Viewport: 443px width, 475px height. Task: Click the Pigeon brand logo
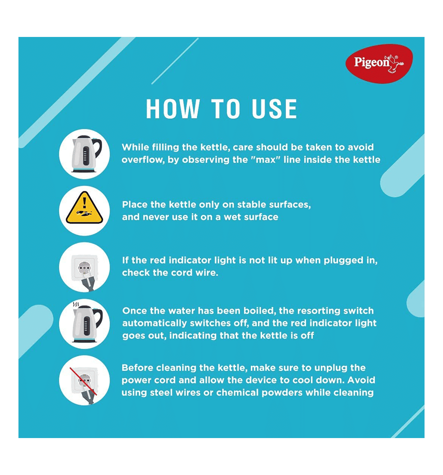point(379,64)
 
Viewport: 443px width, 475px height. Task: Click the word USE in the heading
point(274,109)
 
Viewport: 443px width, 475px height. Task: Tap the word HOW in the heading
point(173,109)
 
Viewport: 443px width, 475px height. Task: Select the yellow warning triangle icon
point(85,208)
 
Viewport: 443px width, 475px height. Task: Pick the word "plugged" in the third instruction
point(343,261)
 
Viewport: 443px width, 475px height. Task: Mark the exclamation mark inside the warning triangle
point(84,202)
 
